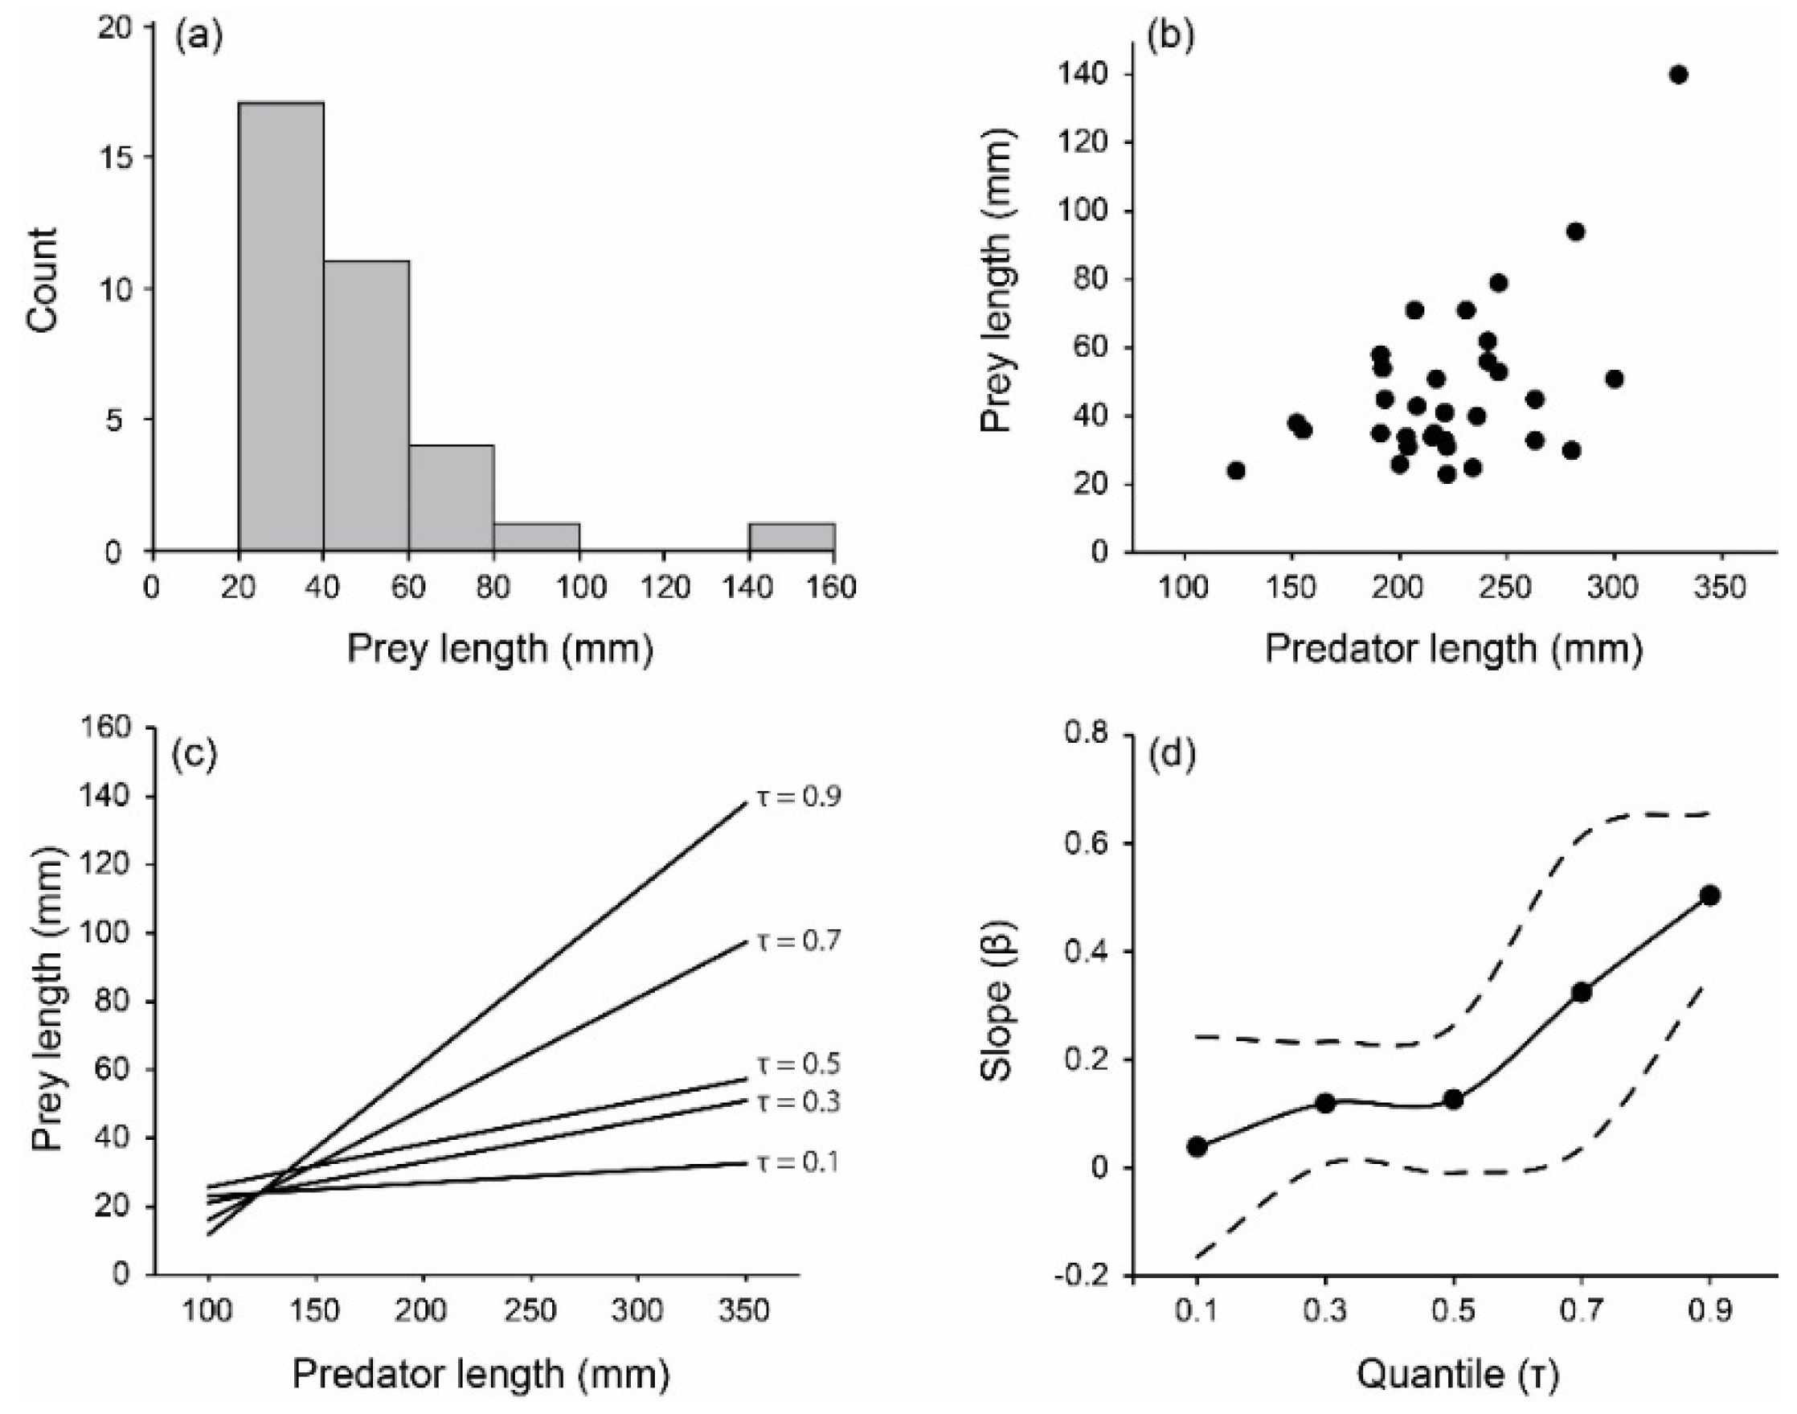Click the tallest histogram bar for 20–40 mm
(x=281, y=326)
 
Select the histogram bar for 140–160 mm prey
(x=792, y=537)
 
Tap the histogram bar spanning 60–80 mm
(x=452, y=498)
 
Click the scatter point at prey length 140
(x=1679, y=75)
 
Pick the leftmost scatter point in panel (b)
(x=1237, y=470)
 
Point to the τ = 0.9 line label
(x=799, y=797)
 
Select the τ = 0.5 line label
(x=799, y=1064)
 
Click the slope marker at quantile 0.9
(x=1710, y=895)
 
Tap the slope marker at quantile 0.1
(x=1197, y=1146)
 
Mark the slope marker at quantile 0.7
(x=1582, y=992)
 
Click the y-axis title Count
(x=43, y=281)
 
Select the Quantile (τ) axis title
(x=1459, y=1375)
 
